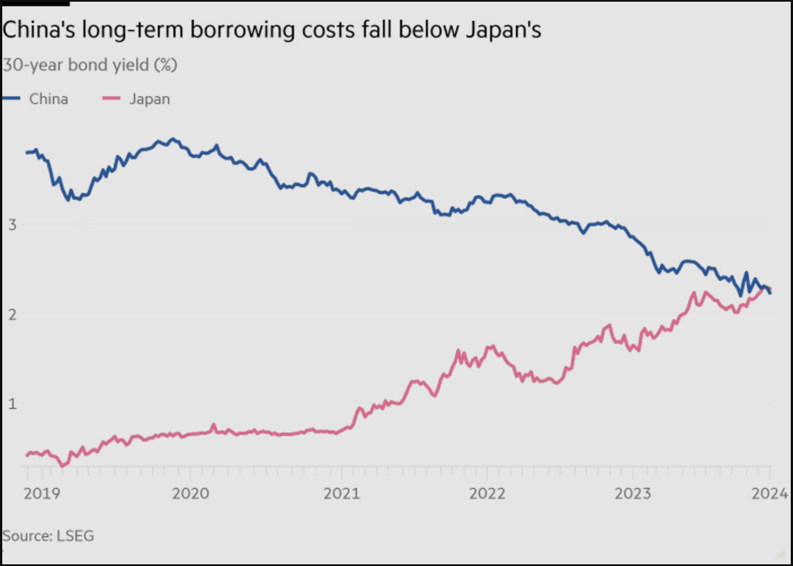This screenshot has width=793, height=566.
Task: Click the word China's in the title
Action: click(39, 30)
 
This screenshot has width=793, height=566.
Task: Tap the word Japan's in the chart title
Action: click(503, 30)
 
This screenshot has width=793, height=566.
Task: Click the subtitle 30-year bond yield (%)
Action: click(90, 65)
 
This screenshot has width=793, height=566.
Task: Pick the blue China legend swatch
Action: click(12, 98)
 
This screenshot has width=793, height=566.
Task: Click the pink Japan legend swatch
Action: click(111, 98)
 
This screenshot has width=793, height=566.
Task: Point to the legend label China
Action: click(48, 99)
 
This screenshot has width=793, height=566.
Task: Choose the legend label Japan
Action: click(149, 99)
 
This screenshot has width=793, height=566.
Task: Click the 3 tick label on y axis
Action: click(12, 225)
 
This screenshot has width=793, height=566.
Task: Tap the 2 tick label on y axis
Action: click(12, 314)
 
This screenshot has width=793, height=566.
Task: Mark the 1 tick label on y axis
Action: click(12, 403)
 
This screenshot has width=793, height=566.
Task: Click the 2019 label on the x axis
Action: click(42, 493)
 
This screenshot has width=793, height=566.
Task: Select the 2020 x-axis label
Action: click(190, 493)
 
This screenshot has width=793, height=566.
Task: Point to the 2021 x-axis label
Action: click(341, 493)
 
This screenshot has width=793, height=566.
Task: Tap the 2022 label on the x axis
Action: click(487, 493)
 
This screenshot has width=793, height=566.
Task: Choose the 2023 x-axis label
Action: click(632, 493)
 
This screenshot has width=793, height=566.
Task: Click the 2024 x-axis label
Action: click(769, 493)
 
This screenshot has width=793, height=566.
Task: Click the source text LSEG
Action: click(75, 536)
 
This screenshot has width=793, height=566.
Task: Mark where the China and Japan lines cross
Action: click(767, 289)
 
